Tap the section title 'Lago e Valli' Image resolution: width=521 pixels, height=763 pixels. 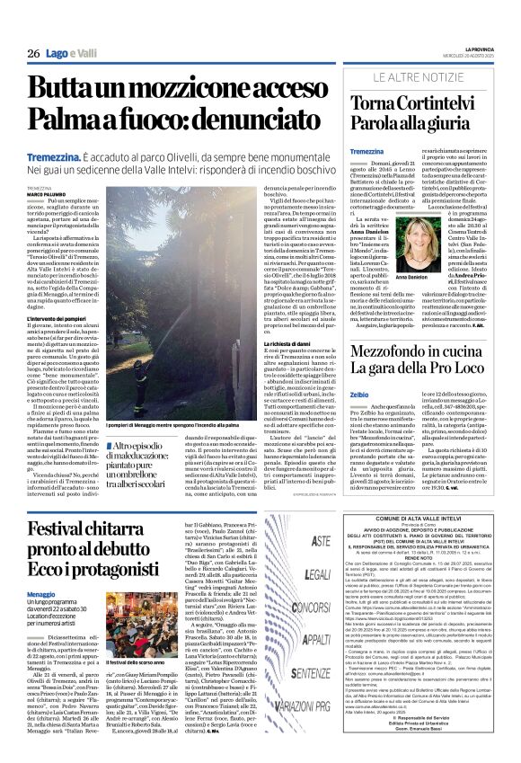pyautogui.click(x=71, y=54)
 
